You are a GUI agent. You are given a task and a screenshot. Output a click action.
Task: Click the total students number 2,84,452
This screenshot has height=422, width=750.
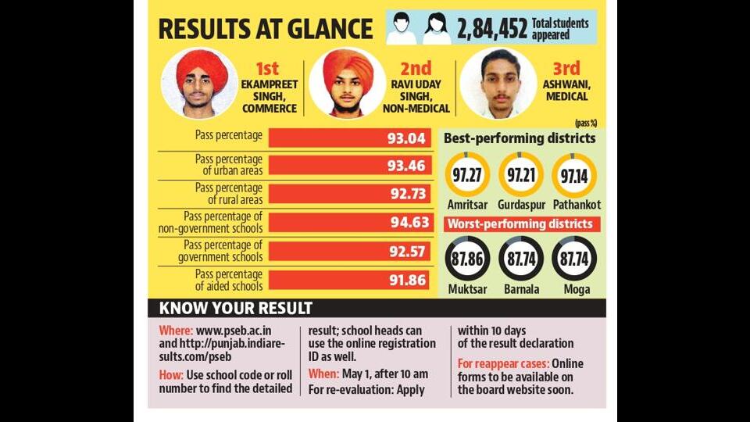click(x=491, y=29)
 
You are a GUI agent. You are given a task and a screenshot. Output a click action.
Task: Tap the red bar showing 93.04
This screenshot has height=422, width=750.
click(x=350, y=138)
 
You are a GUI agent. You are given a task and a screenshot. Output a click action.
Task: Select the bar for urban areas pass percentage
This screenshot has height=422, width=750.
click(x=350, y=166)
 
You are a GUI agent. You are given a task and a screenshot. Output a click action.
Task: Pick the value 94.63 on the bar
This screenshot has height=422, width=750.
click(x=410, y=223)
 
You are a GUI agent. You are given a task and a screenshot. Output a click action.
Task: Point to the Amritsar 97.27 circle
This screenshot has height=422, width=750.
click(x=467, y=175)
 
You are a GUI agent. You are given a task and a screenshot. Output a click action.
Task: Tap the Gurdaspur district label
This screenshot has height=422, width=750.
click(x=521, y=205)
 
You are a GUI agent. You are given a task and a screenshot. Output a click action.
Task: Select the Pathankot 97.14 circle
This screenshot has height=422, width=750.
click(x=574, y=175)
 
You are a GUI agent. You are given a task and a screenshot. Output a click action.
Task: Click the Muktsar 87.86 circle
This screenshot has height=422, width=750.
click(x=467, y=259)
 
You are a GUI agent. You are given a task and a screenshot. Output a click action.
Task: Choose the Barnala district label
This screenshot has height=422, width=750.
click(x=521, y=289)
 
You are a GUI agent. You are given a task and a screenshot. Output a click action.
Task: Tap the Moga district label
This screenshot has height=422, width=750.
click(x=577, y=289)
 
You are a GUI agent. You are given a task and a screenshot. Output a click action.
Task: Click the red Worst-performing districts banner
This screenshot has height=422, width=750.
click(x=522, y=224)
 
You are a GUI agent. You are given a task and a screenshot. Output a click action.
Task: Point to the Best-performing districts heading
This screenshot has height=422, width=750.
click(x=520, y=138)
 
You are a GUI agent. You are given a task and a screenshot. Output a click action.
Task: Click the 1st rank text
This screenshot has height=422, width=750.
click(x=267, y=69)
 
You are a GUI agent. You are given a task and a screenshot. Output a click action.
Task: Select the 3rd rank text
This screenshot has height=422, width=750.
click(x=566, y=69)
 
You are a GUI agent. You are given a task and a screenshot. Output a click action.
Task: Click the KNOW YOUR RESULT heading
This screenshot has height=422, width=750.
click(x=236, y=308)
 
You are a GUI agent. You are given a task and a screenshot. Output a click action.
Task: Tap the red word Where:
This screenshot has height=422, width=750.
click(x=176, y=331)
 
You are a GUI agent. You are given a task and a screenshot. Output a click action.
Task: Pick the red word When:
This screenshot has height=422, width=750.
click(x=323, y=374)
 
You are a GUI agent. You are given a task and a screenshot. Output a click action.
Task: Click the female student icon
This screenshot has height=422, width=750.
click(x=436, y=29)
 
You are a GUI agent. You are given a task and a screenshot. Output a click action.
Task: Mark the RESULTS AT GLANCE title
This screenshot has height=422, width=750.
click(x=266, y=29)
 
